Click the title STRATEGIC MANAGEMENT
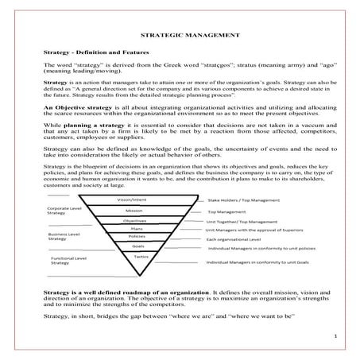pos(180,35)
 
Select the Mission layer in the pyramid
pos(134,211)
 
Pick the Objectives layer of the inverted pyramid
pos(134,220)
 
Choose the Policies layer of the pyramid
pos(136,236)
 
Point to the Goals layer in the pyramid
pos(137,246)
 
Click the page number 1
pos(337,336)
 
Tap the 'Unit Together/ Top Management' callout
pos(241,222)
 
